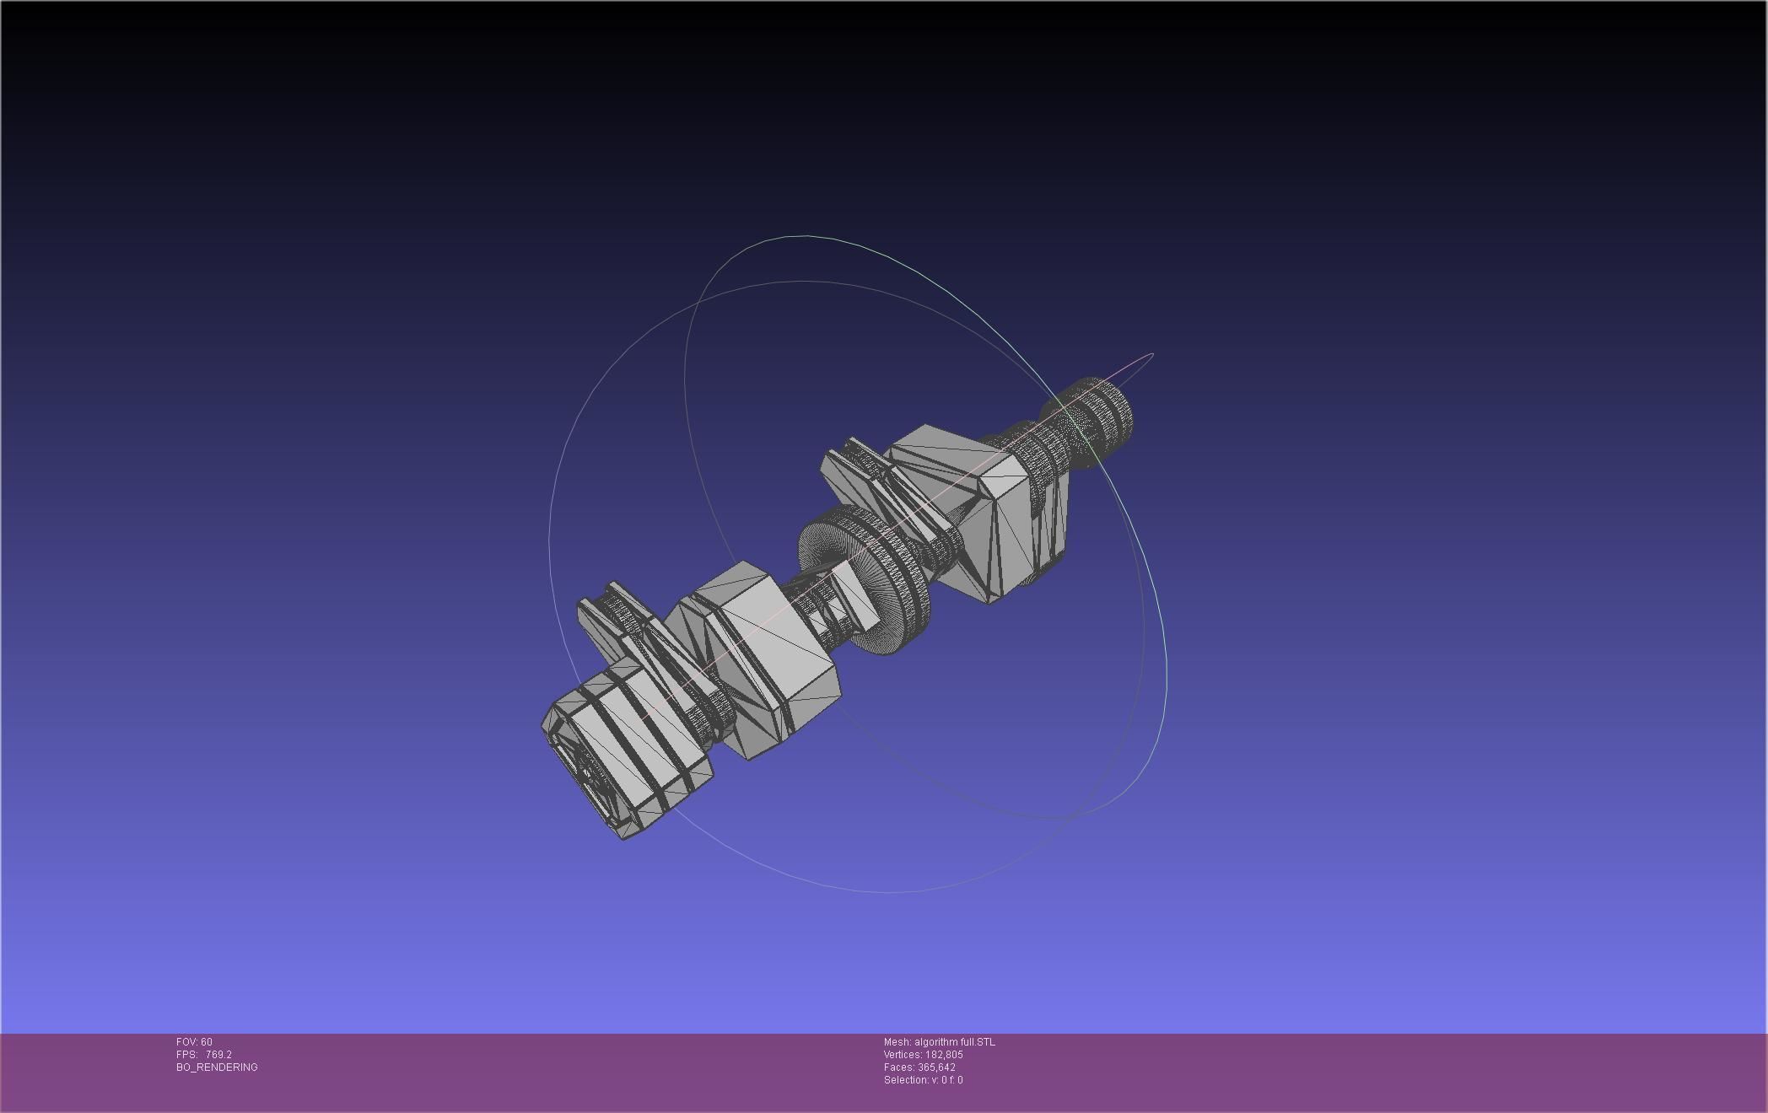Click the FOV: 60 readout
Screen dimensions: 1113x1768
194,1042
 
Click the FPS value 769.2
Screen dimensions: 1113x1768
218,1055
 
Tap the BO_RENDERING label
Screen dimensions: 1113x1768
217,1067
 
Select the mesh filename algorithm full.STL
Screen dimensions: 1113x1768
954,1042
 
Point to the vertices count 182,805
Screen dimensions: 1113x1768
944,1055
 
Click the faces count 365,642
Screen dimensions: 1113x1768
936,1067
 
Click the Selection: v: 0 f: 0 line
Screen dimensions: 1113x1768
923,1080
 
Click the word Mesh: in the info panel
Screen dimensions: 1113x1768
897,1042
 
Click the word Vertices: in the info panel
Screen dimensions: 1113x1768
902,1055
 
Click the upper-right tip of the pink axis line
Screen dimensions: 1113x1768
1152,355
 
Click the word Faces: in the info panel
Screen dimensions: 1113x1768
898,1067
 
